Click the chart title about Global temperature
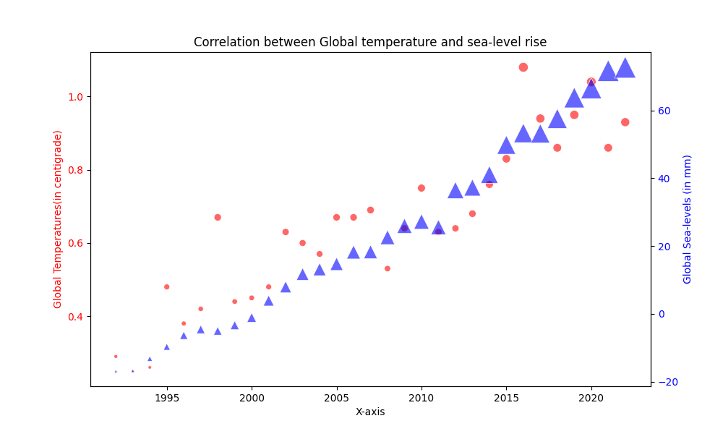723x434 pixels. pos(370,42)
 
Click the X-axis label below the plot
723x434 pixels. pos(370,412)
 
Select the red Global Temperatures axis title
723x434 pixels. pos(58,219)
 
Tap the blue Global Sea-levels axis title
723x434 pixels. pos(688,219)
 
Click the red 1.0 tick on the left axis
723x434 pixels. pos(74,97)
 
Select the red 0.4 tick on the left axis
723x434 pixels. pos(74,317)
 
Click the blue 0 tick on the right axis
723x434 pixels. pos(659,314)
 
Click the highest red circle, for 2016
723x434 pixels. pos(523,67)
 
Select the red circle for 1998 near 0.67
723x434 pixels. pos(218,217)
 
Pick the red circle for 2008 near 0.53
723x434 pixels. pos(388,268)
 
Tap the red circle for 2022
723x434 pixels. pos(625,122)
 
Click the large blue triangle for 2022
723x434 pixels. pos(625,69)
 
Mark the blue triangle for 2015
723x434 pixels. pos(506,146)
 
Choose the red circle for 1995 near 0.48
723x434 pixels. pos(167,287)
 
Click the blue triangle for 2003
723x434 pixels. pos(303,274)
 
